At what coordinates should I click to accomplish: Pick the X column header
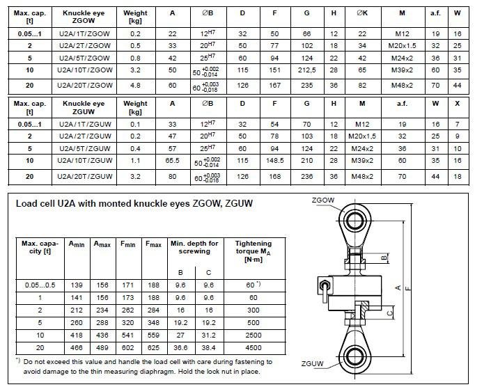tap(476, 107)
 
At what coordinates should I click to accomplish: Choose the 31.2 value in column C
tap(207, 335)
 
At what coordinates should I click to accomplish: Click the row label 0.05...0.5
tap(38, 285)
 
